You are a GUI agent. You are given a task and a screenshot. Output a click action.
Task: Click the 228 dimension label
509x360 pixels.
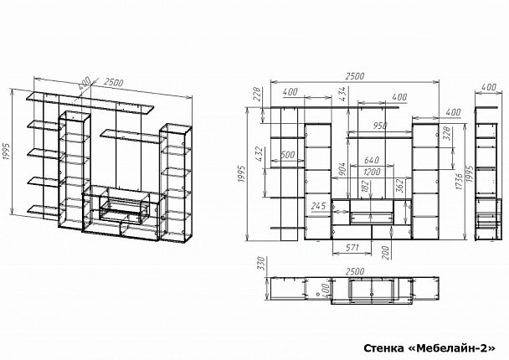tap(257, 94)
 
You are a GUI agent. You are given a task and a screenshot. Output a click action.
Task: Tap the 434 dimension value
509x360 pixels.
tap(343, 94)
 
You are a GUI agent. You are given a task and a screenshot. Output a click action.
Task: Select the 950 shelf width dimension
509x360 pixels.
tap(380, 126)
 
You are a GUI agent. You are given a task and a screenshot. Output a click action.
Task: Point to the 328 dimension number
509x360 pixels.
tap(446, 134)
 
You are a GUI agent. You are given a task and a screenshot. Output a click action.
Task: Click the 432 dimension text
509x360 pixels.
tap(259, 154)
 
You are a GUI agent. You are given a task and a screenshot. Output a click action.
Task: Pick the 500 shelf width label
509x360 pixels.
tap(288, 155)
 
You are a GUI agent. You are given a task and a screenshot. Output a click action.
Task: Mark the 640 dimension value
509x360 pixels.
tap(372, 160)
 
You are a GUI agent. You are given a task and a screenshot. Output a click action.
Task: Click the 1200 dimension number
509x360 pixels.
tap(372, 172)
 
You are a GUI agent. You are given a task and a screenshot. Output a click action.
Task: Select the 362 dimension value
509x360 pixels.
tap(399, 186)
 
